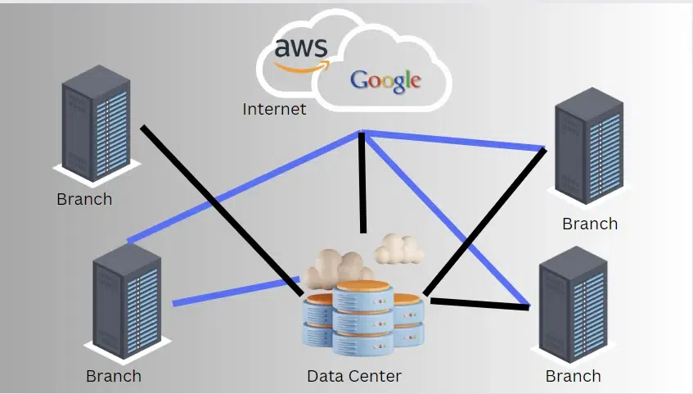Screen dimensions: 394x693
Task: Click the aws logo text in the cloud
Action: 301,48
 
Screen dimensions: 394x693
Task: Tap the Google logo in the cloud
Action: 385,80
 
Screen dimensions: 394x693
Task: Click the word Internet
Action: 274,109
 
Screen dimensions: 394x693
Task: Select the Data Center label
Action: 354,376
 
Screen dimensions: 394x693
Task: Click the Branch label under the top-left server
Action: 84,199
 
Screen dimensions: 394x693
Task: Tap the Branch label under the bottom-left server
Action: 114,376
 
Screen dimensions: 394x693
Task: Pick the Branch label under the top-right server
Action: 590,224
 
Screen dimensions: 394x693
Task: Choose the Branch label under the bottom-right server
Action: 573,376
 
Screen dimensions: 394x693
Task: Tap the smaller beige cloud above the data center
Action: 398,247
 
